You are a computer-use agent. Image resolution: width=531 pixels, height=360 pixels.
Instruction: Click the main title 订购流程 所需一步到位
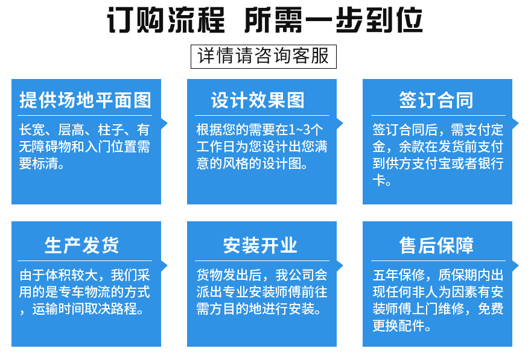pyautogui.click(x=265, y=20)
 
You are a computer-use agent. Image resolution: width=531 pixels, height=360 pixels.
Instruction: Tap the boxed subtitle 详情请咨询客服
pyautogui.click(x=264, y=56)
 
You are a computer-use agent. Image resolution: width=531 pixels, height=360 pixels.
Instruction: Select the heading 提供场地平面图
pyautogui.click(x=85, y=100)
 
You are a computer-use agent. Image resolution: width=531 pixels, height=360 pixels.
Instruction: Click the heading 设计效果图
pyautogui.click(x=258, y=100)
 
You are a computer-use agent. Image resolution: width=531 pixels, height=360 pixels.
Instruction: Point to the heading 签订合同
pyautogui.click(x=436, y=100)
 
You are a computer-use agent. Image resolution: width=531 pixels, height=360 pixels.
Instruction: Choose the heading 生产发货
pyautogui.click(x=81, y=245)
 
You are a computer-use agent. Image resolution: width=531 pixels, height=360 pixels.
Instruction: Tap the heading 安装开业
pyautogui.click(x=260, y=245)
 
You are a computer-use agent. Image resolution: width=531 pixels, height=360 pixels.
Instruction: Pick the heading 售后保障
pyautogui.click(x=436, y=245)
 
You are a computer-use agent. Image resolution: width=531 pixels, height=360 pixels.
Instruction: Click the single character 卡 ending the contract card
pyautogui.click(x=378, y=180)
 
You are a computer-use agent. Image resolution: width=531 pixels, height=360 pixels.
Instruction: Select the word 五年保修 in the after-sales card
pyautogui.click(x=399, y=275)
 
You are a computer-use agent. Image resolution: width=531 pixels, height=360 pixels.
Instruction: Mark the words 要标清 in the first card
pyautogui.click(x=39, y=163)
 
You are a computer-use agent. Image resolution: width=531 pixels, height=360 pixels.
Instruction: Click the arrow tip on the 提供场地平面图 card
pyautogui.click(x=167, y=123)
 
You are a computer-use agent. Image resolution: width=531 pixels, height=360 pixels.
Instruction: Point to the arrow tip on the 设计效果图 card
pyautogui.click(x=343, y=123)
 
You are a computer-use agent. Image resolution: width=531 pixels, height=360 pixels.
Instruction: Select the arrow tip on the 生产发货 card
pyautogui.click(x=167, y=265)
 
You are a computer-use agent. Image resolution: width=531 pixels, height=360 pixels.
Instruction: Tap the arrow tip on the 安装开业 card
pyautogui.click(x=343, y=265)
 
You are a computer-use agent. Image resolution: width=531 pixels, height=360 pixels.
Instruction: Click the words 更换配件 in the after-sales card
pyautogui.click(x=399, y=326)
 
